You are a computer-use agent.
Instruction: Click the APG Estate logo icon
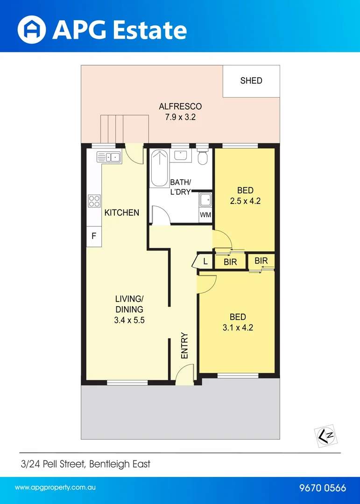[x=32, y=29]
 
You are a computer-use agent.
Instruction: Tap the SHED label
[x=251, y=81]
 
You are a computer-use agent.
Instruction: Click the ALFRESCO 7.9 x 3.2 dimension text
[x=180, y=117]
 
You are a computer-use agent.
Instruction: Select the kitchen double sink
[x=109, y=157]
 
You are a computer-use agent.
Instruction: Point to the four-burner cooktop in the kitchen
[x=94, y=201]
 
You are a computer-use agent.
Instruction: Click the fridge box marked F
[x=93, y=237]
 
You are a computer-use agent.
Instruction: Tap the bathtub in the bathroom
[x=159, y=168]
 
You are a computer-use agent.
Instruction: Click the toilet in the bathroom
[x=203, y=157]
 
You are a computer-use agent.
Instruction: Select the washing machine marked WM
[x=205, y=215]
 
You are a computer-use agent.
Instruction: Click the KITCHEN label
[x=121, y=213]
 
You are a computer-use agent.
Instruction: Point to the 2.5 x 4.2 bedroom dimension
[x=245, y=201]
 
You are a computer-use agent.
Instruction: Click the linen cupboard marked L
[x=205, y=262]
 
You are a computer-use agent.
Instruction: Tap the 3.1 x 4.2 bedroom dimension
[x=237, y=328]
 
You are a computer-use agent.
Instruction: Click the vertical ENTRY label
[x=184, y=346]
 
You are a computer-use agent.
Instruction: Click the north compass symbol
[x=326, y=435]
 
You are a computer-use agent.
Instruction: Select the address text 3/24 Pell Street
[x=85, y=464]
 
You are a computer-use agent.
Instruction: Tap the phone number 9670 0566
[x=322, y=488]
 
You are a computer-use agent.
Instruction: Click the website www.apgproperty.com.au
[x=55, y=488]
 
